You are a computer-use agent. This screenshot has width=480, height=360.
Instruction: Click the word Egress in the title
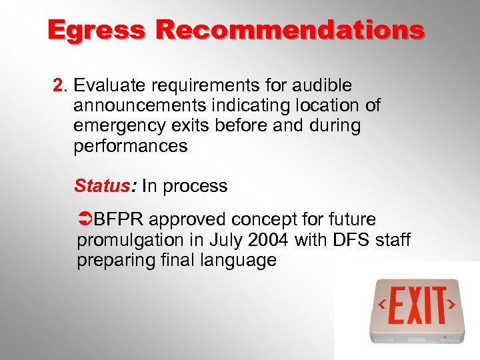pos(96,30)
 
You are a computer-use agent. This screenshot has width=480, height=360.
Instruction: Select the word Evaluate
pos(111,86)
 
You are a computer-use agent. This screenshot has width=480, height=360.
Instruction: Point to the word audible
pos(319,86)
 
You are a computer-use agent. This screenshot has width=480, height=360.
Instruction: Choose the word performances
pos(131,146)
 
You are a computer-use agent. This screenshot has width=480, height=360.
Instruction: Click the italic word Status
pos(101,186)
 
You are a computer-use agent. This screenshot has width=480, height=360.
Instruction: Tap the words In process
pos(185,186)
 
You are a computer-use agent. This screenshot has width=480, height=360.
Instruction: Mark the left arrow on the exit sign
pos(383,305)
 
